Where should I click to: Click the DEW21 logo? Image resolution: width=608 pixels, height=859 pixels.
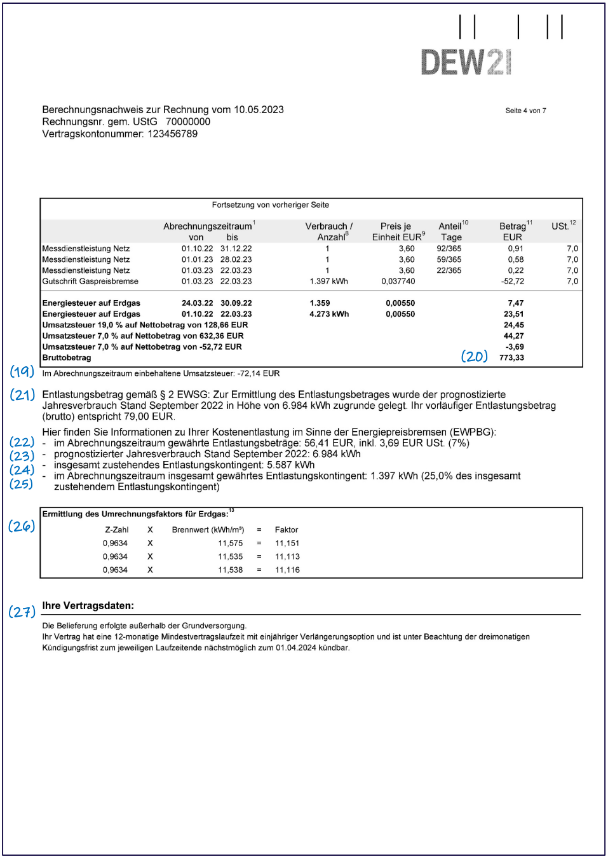[466, 62]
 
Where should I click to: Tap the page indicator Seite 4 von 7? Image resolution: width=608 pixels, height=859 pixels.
[525, 111]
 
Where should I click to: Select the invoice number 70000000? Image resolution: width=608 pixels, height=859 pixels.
[187, 121]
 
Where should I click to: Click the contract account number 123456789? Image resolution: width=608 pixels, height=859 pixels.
[172, 134]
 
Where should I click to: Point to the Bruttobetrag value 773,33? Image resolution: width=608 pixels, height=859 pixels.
[511, 358]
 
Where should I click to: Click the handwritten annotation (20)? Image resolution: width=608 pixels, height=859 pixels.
[474, 357]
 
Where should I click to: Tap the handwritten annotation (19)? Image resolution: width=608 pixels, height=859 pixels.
[22, 371]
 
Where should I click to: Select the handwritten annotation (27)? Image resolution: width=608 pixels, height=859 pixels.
[22, 612]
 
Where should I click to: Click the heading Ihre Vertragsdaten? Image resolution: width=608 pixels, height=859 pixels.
[88, 606]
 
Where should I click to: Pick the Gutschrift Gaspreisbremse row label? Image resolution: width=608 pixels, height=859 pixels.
[90, 281]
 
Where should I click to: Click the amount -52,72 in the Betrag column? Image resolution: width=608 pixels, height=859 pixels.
[512, 281]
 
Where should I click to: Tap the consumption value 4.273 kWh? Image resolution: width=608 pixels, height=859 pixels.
[329, 314]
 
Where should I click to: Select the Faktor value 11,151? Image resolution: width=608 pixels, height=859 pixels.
[287, 543]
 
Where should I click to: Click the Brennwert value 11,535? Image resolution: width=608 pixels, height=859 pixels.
[230, 556]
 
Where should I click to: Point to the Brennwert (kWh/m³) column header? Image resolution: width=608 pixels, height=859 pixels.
[208, 530]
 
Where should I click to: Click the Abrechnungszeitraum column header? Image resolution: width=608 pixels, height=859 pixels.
[208, 226]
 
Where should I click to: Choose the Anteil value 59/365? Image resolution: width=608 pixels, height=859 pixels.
[449, 259]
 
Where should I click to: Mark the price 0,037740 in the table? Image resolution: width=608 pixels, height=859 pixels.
[398, 281]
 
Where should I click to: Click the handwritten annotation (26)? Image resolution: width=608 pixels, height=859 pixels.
[22, 526]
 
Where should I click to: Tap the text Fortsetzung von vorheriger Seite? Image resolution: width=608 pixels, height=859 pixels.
[270, 205]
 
